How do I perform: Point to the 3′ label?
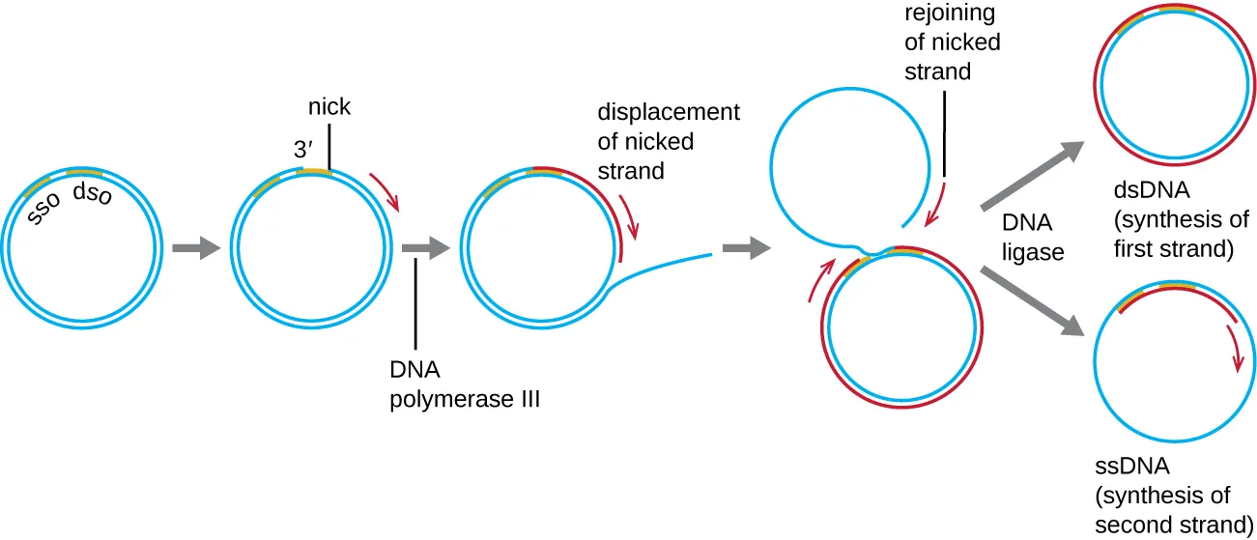tap(305, 151)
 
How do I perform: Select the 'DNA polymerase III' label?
tap(464, 384)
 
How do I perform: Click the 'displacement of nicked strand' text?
tap(669, 141)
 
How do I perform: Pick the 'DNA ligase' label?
tap(1032, 238)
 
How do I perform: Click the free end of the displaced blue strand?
tap(710, 254)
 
